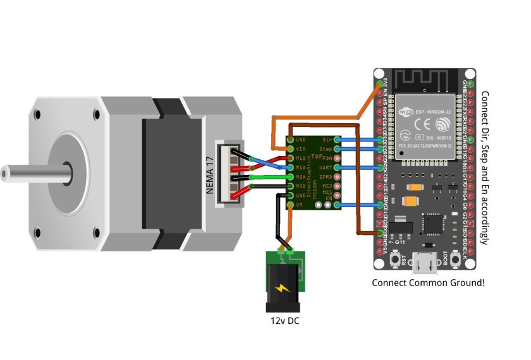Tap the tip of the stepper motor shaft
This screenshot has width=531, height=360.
coord(5,172)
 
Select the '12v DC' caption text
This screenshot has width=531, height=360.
coord(285,321)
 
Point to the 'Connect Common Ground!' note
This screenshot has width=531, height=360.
coord(428,282)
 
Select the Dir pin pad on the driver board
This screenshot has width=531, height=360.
coord(337,140)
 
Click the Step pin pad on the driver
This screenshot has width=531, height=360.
coord(337,149)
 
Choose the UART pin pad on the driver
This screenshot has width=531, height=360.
coord(337,167)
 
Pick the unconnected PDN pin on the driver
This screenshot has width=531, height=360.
coord(337,159)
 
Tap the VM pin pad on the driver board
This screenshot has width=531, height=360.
coord(290,205)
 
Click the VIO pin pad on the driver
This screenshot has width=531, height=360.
coord(290,149)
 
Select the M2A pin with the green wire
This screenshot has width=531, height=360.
coord(290,177)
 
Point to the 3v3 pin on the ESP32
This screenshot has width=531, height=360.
coord(381,83)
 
